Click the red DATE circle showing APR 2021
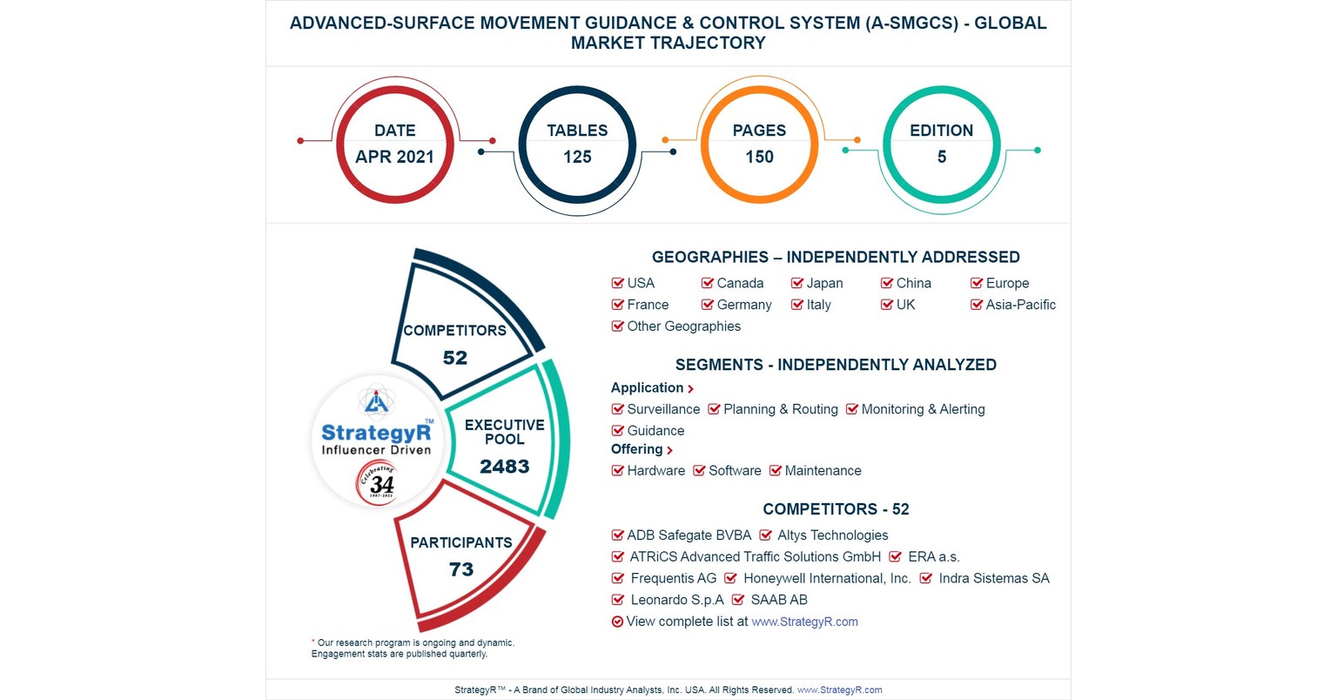tap(394, 145)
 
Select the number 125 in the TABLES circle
tap(577, 157)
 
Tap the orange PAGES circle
tap(759, 145)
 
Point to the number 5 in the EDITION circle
tap(941, 157)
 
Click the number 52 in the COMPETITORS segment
tap(454, 358)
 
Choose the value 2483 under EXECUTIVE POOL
tap(504, 467)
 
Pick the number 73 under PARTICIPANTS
tap(460, 569)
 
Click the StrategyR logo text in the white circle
tap(376, 433)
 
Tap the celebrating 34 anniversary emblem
tap(378, 482)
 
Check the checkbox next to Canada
tap(708, 283)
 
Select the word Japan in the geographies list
tap(824, 283)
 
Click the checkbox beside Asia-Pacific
tap(977, 305)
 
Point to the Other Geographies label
tap(683, 326)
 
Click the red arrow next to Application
tap(691, 389)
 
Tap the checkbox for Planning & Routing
tap(714, 409)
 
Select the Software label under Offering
tap(735, 471)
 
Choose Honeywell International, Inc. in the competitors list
tap(827, 579)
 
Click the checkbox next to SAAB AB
tap(738, 600)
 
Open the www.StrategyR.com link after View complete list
tap(804, 622)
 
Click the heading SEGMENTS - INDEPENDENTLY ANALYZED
tap(836, 365)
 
